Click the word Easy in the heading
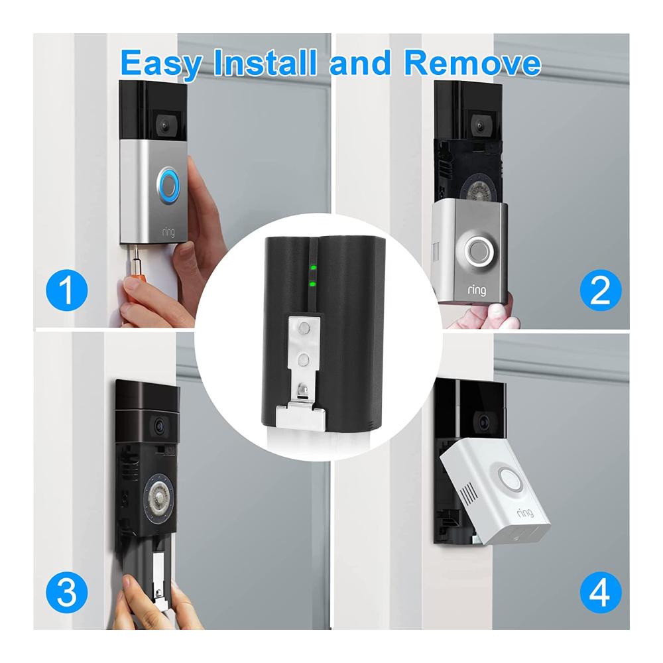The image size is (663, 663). coord(161,64)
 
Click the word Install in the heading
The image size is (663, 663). coord(265,62)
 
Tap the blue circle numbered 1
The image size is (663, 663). coord(66,290)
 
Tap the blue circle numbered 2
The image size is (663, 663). coord(601,290)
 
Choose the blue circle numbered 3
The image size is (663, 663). coord(66,592)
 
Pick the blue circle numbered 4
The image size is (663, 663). coord(601,592)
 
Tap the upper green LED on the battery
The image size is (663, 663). coord(313,268)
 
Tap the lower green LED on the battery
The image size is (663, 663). coord(313,284)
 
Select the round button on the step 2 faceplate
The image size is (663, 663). coord(478,252)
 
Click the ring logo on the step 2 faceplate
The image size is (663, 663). coord(477,290)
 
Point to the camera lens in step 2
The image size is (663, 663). coord(479,125)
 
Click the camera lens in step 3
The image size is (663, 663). coord(159,426)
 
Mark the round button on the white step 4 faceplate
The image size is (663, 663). coord(511,479)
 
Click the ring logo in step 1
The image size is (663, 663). coord(168,231)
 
